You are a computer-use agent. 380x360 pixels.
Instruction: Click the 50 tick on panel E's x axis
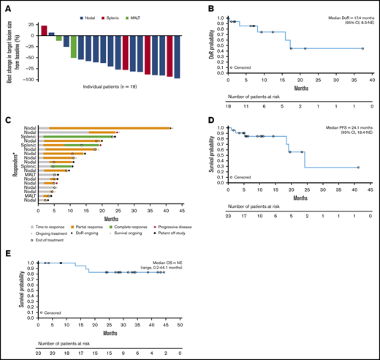coord(180,325)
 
